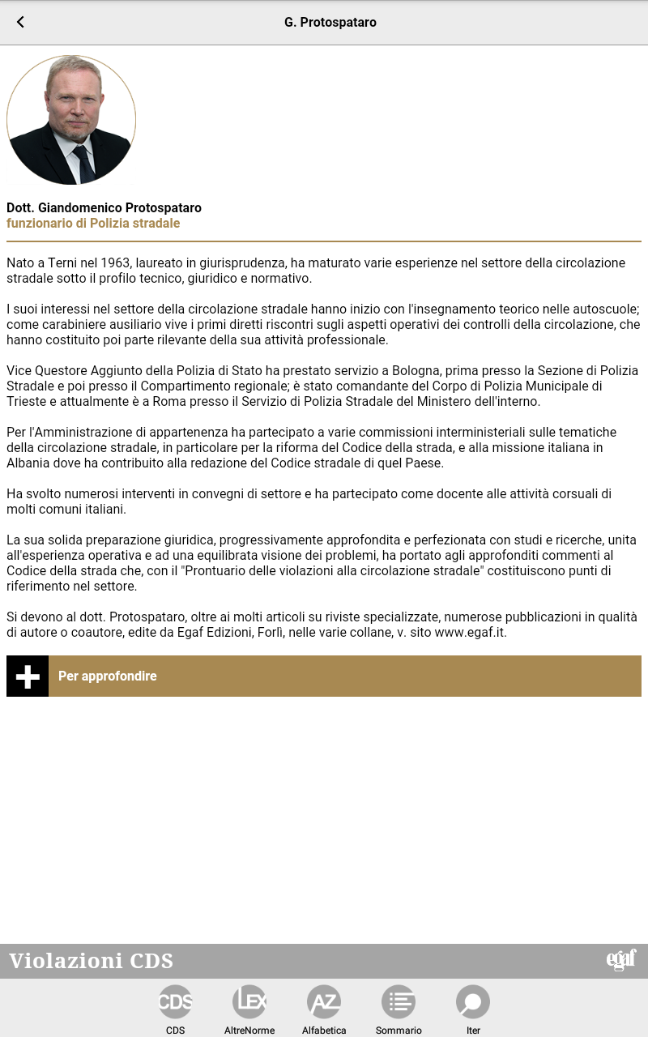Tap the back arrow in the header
coord(20,23)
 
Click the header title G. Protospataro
coord(330,23)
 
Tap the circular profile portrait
coord(71,120)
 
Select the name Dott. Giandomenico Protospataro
coord(104,208)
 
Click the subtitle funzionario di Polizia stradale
coord(93,223)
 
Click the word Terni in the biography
coord(71,263)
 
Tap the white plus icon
coord(28,676)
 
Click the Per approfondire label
coord(108,676)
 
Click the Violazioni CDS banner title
coord(92,962)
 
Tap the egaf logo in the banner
coord(621,960)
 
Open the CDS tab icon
coord(175,1002)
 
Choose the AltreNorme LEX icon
coord(249,1002)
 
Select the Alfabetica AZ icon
coord(324,1002)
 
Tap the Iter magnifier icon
coord(473,1002)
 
